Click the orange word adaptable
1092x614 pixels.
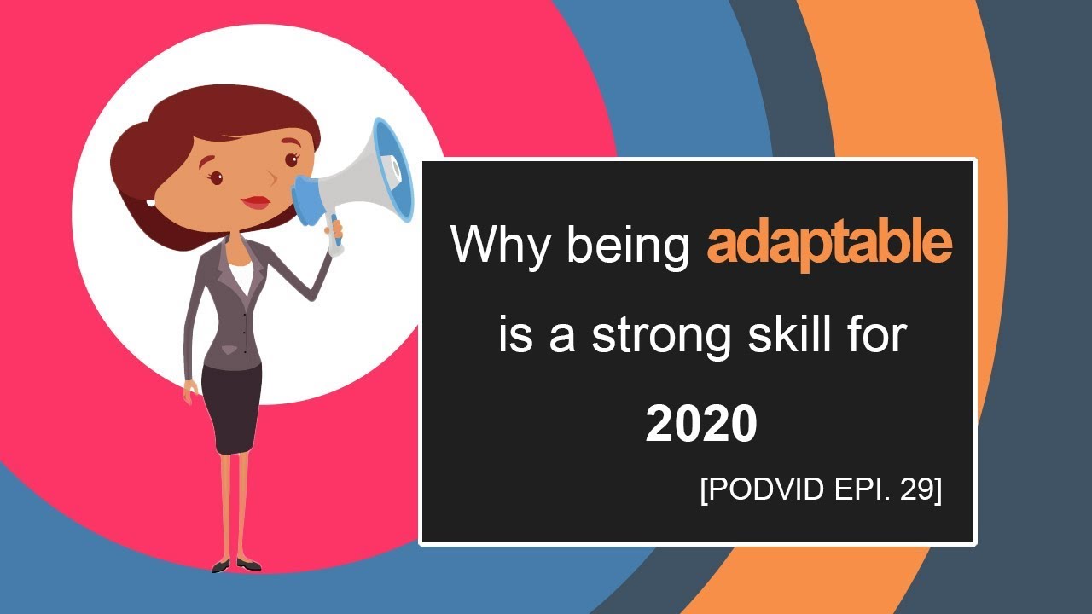829,246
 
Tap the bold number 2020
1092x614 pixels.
701,424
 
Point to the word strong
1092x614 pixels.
662,334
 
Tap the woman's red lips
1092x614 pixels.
255,202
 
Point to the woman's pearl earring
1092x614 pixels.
151,202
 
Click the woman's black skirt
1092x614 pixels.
231,409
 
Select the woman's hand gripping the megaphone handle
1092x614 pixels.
334,229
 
